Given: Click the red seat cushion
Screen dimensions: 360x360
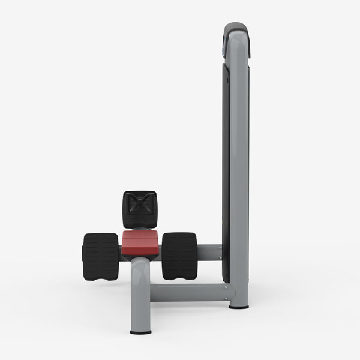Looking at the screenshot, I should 141,242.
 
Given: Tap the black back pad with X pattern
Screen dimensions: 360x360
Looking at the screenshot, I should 139,209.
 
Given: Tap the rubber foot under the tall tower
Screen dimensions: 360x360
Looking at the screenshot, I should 238,306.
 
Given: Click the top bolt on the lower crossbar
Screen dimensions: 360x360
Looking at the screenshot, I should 226,287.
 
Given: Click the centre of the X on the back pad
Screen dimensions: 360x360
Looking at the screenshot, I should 139,208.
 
